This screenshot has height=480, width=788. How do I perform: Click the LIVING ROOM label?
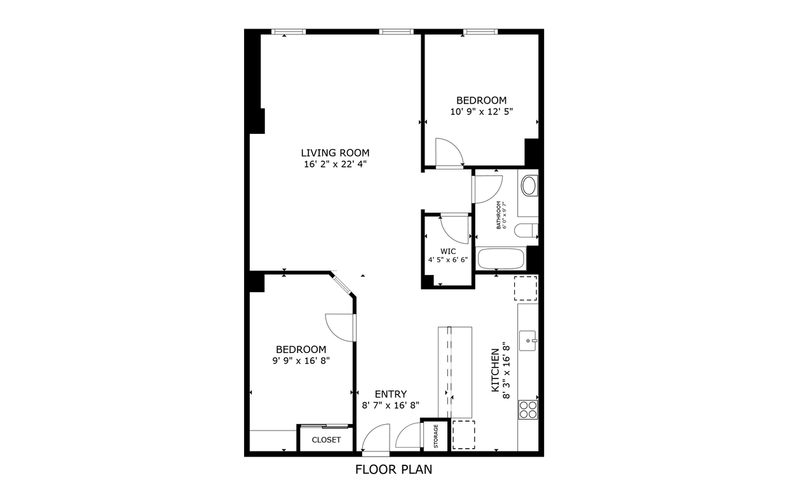(x=335, y=152)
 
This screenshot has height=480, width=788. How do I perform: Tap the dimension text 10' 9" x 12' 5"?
(x=481, y=111)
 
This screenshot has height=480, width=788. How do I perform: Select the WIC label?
(x=448, y=251)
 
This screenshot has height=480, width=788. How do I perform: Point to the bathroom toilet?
(x=527, y=232)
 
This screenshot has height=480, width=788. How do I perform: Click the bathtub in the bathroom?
(x=501, y=259)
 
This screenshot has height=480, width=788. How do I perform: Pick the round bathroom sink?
(x=529, y=187)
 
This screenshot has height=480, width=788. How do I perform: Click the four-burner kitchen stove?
(x=528, y=409)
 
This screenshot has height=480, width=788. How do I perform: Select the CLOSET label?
(x=326, y=440)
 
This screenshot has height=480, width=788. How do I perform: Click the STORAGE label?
(x=436, y=436)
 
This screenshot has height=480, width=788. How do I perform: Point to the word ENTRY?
(x=390, y=394)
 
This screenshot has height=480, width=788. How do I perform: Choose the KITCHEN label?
(x=495, y=371)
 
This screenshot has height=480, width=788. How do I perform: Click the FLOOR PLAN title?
(x=393, y=470)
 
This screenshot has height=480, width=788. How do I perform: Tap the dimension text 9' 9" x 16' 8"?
(x=301, y=360)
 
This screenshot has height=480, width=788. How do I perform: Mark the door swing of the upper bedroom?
(x=449, y=152)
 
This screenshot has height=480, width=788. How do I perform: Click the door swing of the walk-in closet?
(x=454, y=229)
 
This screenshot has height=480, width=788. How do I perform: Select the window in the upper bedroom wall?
(x=480, y=31)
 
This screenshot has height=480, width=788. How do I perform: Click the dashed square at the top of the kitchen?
(x=526, y=288)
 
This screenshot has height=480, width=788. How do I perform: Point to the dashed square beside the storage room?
(x=464, y=435)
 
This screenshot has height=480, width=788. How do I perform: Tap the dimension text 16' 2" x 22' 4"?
(x=335, y=164)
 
